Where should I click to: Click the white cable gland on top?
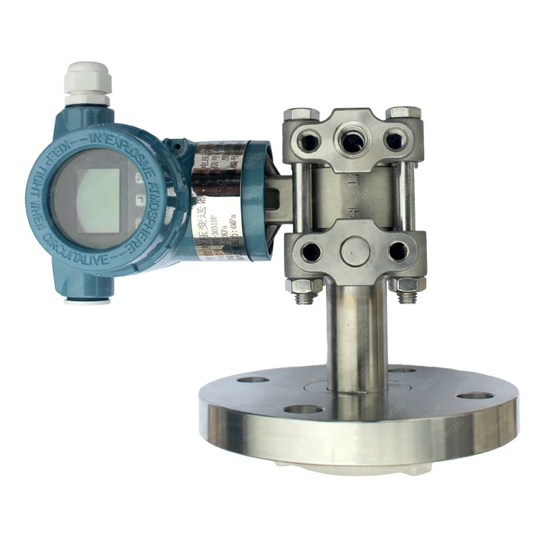coord(86,82)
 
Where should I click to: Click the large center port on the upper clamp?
coord(352,142)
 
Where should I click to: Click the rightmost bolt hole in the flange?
coord(475,395)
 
